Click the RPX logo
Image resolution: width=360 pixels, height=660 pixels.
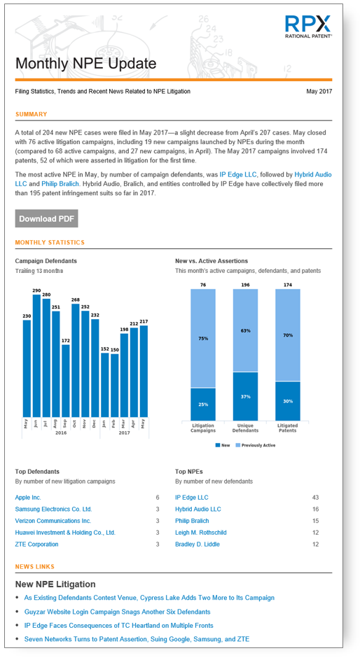click(x=308, y=27)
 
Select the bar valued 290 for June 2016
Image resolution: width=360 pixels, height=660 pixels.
click(x=36, y=356)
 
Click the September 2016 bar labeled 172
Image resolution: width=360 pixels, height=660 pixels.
click(x=66, y=381)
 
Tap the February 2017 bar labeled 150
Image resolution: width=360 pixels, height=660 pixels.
click(x=115, y=386)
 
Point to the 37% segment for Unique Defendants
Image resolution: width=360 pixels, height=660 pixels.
click(x=245, y=396)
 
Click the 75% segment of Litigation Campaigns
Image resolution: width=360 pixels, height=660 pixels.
click(x=203, y=339)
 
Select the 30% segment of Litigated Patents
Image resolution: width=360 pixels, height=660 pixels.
click(x=288, y=401)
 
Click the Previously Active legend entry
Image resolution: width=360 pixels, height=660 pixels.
click(x=256, y=445)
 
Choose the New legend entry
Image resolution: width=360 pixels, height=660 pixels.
click(x=223, y=445)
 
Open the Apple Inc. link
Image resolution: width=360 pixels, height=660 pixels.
click(x=28, y=498)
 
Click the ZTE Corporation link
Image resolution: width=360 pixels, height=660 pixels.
click(x=36, y=545)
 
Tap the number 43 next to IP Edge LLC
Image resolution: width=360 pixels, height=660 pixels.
click(x=315, y=498)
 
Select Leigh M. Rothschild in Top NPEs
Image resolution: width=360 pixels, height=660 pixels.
click(x=201, y=533)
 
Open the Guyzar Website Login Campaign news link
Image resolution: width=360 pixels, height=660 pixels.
click(x=117, y=612)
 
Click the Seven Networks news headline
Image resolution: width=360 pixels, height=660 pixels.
click(x=137, y=639)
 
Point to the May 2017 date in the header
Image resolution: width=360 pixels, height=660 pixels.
click(x=319, y=92)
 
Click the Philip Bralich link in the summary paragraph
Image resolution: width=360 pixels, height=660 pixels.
click(x=60, y=184)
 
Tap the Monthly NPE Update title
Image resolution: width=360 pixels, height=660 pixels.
click(x=86, y=64)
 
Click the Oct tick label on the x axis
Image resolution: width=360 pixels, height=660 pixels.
click(x=74, y=423)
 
